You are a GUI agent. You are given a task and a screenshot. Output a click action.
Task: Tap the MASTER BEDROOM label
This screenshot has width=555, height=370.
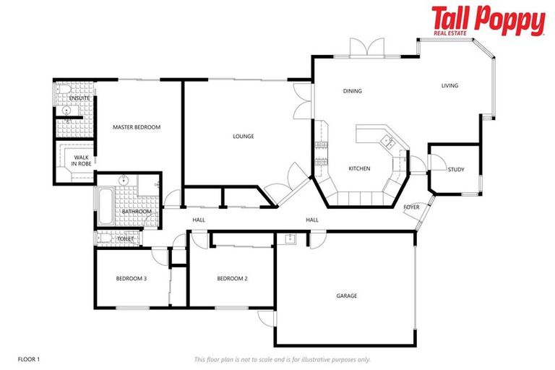point(136,127)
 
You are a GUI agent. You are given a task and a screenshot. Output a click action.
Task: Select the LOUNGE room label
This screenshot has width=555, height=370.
point(243,136)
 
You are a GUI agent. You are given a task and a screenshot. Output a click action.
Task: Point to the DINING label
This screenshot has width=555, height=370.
point(352,91)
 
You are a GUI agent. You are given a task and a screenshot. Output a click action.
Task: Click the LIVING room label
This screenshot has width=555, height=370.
point(449,86)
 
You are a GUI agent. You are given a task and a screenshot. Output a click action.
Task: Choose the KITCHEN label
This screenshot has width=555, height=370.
point(359,168)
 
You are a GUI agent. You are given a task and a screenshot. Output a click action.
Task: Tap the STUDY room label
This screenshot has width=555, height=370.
point(456,170)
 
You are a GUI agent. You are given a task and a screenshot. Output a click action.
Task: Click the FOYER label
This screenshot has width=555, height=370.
point(411,207)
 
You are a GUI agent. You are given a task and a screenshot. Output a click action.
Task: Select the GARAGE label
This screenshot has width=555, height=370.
point(346,296)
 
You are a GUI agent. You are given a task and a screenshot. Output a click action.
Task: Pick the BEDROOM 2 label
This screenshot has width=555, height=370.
point(232,278)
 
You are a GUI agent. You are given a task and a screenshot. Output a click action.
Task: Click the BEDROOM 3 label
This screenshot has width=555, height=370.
point(132,278)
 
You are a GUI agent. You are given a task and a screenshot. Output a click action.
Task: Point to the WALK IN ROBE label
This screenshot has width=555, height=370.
point(81,160)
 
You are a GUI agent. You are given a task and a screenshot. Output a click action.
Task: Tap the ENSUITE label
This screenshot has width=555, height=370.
point(79,98)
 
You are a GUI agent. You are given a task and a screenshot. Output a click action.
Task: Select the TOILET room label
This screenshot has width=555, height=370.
point(125,238)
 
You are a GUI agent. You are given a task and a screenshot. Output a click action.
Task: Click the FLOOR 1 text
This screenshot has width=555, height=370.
point(29,358)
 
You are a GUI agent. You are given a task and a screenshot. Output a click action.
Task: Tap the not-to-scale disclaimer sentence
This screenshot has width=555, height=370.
point(282,359)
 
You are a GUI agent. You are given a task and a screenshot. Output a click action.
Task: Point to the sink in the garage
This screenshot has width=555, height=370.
point(291,239)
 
